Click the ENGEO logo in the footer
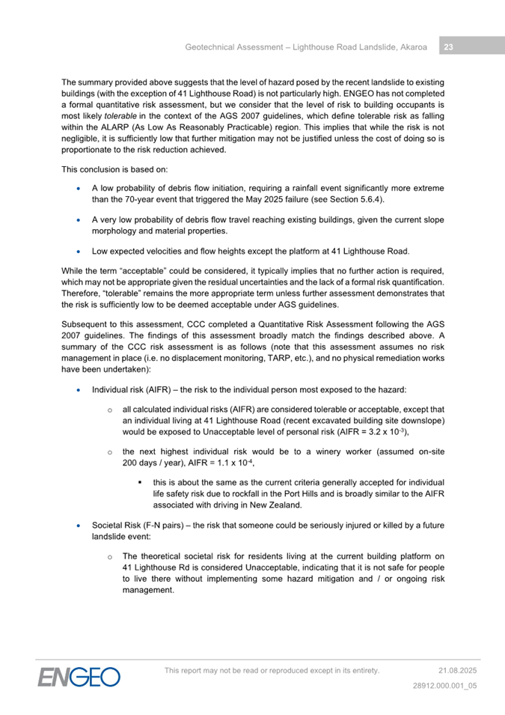click(79, 677)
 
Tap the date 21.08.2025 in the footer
click(457, 670)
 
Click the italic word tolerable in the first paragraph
click(119, 118)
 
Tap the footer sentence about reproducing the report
click(272, 670)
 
